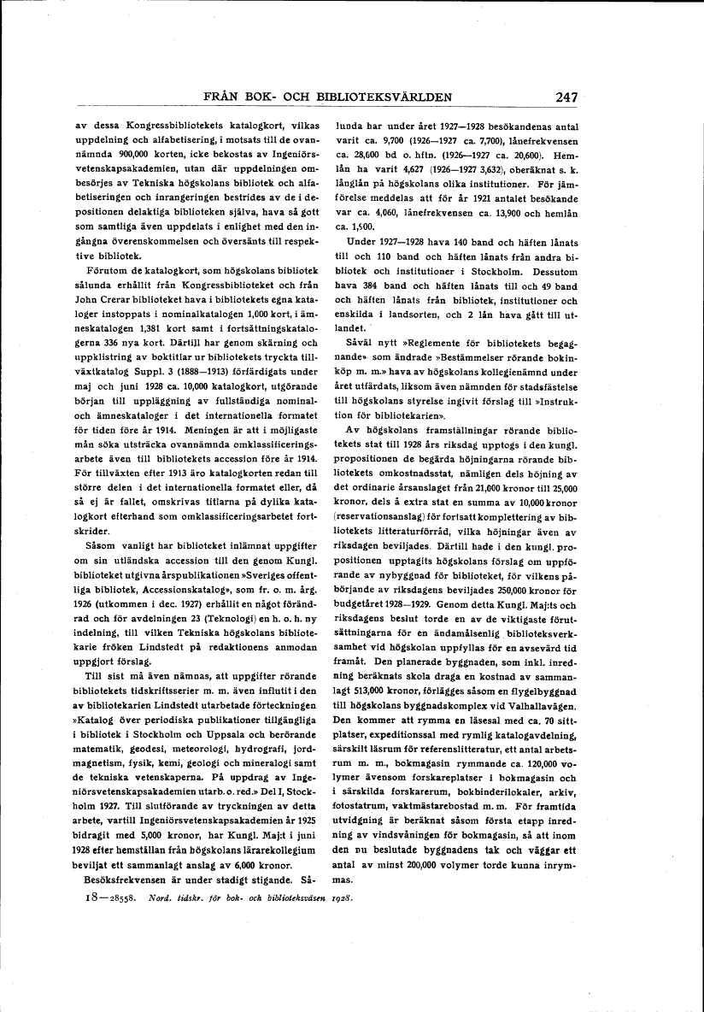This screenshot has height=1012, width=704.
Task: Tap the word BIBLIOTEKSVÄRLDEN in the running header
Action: [x=378, y=97]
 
